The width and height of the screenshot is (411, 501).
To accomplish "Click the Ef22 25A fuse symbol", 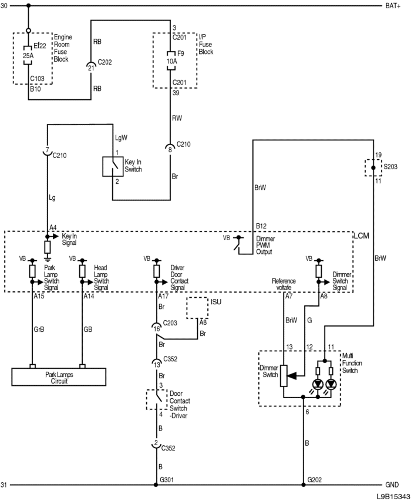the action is click(x=28, y=56).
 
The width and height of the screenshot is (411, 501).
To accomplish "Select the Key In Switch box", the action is click(x=113, y=166).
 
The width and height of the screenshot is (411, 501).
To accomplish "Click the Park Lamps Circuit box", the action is click(x=59, y=377).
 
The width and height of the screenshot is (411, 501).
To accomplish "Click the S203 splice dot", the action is click(x=373, y=168).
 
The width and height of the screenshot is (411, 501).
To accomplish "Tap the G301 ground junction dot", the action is click(x=156, y=485).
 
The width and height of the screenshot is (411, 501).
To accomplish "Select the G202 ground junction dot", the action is click(x=303, y=485).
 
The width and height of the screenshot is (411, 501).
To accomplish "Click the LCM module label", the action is click(x=362, y=236).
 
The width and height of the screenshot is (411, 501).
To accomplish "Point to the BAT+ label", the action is click(x=393, y=6).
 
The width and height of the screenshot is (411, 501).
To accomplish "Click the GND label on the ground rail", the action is click(x=392, y=485).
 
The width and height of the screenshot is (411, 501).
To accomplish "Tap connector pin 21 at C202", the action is click(x=91, y=67).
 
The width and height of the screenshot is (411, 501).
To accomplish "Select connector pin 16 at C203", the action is click(x=156, y=328).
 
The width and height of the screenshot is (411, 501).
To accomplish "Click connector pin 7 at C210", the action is click(x=47, y=151).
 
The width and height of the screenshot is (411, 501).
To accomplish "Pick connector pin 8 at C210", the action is click(x=170, y=148).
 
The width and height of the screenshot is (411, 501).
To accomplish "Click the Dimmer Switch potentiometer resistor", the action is click(x=284, y=376).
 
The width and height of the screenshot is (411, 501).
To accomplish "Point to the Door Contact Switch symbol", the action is click(x=157, y=399).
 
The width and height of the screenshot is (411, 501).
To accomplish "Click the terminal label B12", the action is click(x=261, y=226).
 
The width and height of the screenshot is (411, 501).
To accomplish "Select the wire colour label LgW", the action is click(x=121, y=137).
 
